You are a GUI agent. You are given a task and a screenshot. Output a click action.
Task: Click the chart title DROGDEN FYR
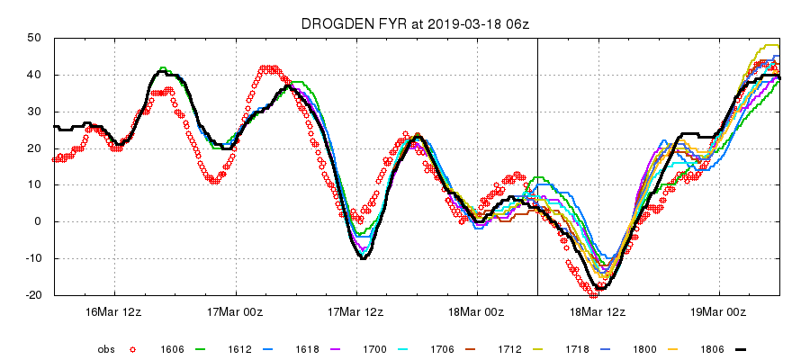(x=340, y=23)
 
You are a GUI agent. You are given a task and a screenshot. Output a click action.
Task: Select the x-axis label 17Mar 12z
(x=356, y=311)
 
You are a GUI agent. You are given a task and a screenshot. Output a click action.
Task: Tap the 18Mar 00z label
(x=477, y=311)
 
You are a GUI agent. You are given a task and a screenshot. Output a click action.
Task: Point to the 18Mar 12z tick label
(x=598, y=311)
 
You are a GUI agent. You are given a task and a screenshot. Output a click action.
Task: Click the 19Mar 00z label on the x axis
(x=719, y=311)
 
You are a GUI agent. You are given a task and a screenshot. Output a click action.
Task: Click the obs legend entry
(x=107, y=348)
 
